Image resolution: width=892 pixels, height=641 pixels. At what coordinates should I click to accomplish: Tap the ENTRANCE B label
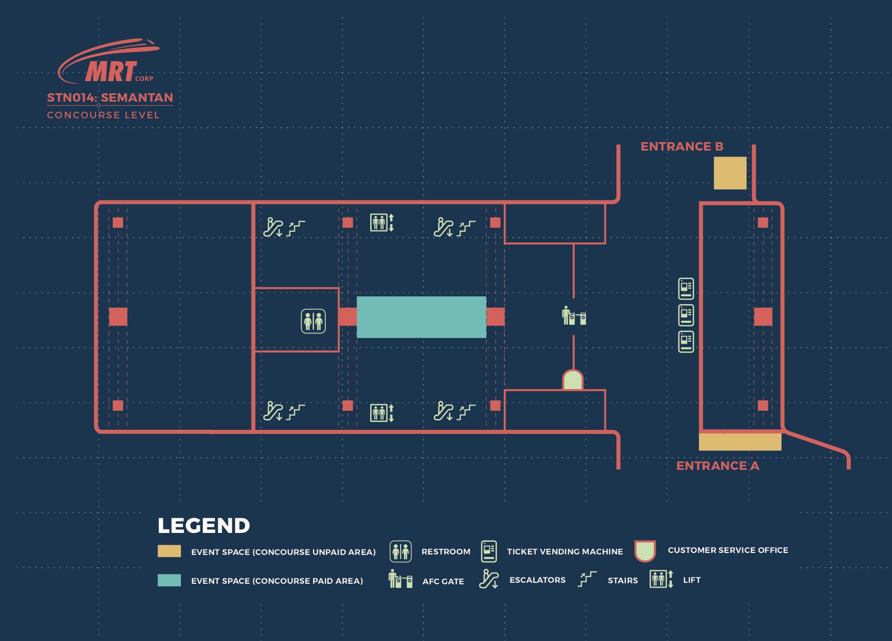point(682,147)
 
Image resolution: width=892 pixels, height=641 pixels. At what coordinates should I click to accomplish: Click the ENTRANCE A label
point(717,466)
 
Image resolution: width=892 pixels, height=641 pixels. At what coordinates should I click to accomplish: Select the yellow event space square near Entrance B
point(730,173)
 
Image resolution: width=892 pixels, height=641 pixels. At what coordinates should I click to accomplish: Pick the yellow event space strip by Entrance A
point(739,442)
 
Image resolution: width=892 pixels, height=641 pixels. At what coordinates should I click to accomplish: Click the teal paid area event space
point(421,317)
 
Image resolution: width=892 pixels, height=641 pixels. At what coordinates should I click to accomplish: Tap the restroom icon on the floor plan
point(313,321)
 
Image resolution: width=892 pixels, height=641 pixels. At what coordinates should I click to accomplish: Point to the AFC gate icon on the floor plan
point(574,316)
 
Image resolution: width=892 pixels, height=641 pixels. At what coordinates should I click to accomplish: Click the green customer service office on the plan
point(573,380)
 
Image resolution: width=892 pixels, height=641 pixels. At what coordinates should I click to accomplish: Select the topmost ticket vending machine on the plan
point(686,288)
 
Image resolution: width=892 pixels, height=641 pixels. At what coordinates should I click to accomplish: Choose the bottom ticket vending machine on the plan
point(686,341)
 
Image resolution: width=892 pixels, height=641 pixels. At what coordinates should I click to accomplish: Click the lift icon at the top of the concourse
point(381,222)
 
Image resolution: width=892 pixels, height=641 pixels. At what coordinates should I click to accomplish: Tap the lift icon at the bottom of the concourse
point(381,413)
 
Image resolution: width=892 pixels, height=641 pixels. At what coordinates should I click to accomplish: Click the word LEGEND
point(203,526)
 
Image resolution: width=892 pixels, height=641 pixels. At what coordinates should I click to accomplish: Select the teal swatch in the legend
point(169,580)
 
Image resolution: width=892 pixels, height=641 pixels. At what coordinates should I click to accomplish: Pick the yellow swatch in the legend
point(169,551)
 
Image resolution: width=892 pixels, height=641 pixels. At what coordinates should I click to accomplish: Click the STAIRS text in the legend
point(623,580)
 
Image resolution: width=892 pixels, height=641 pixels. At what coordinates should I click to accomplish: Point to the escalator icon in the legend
point(489,579)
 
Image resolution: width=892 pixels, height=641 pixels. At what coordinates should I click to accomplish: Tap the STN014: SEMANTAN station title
point(110,98)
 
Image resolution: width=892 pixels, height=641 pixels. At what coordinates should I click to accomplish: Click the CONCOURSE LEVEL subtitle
point(103,115)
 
